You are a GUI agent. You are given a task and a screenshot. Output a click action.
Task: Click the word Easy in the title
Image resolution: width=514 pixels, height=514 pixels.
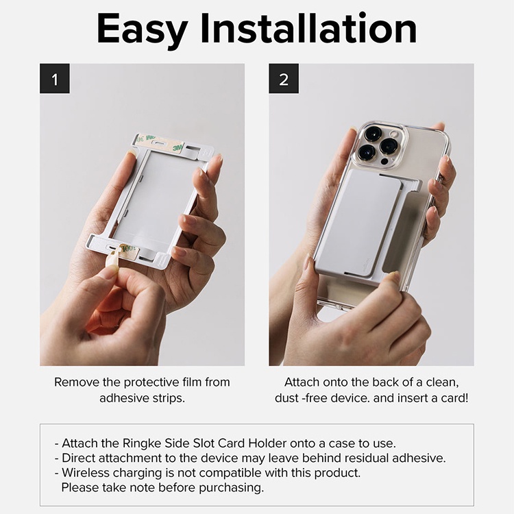click(143, 29)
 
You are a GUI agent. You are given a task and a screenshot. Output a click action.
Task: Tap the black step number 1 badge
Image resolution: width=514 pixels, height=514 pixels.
click(55, 79)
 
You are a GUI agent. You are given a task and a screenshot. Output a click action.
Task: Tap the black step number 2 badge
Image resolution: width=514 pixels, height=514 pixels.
click(284, 79)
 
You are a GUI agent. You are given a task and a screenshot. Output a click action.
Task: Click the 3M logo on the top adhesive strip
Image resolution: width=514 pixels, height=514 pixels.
click(178, 147)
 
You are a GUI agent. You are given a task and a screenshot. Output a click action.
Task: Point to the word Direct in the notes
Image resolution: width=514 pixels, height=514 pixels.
click(78, 458)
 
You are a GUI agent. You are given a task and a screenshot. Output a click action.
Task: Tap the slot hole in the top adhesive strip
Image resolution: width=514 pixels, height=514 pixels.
click(160, 143)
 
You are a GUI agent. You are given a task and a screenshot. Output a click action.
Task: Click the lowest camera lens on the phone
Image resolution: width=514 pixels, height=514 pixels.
click(366, 152)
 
